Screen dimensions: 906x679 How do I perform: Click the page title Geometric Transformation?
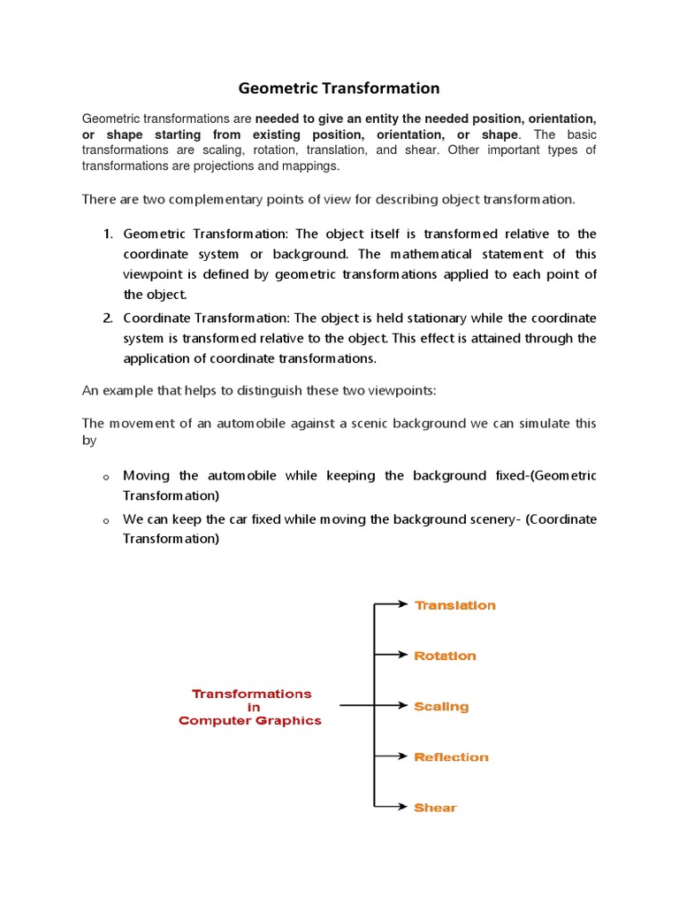tap(339, 88)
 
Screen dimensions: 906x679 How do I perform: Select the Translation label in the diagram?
tap(455, 605)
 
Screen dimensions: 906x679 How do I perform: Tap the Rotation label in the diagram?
tap(445, 656)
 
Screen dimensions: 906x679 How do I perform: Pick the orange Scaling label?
tap(441, 707)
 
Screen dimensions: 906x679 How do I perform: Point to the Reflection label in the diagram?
tap(451, 757)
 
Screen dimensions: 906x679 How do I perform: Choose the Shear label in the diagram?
tap(435, 808)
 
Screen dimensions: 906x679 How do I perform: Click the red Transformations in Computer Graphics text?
tap(250, 707)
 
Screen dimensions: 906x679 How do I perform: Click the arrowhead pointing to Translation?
tap(404, 604)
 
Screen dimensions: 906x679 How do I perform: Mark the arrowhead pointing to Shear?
tap(404, 807)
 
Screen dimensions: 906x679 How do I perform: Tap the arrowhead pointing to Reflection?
tap(404, 756)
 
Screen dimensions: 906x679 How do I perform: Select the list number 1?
tap(107, 234)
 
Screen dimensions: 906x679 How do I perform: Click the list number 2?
tap(107, 319)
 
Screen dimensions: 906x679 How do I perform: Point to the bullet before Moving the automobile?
tap(106, 477)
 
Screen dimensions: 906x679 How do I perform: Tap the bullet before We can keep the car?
tap(106, 520)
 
